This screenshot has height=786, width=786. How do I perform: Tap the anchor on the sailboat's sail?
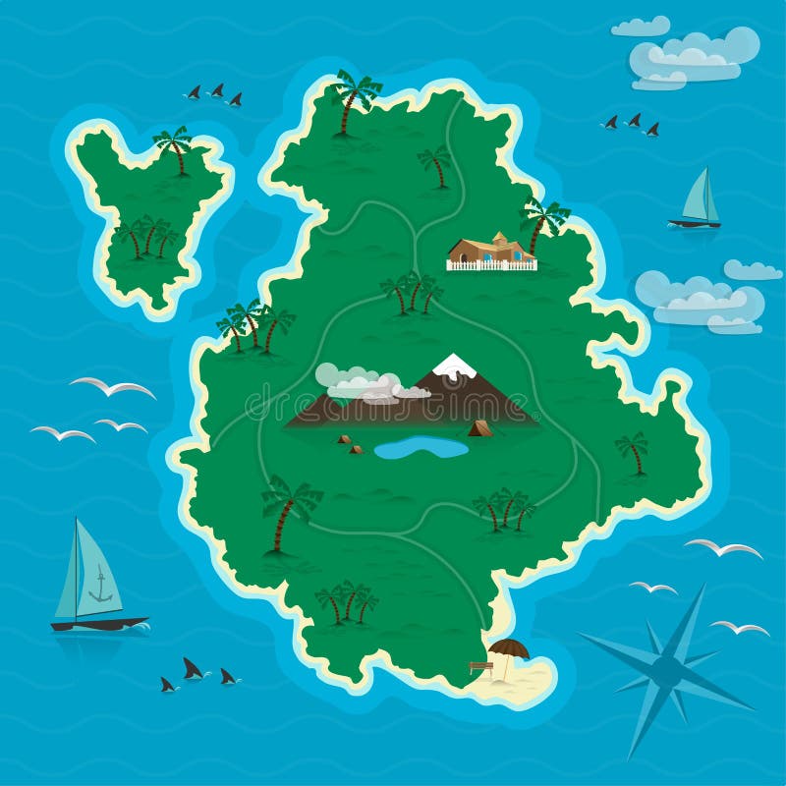point(99,588)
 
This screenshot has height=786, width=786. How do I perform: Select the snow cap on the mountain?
point(454,366)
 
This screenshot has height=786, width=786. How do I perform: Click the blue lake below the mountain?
point(421,448)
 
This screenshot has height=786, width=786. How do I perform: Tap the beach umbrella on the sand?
point(507,648)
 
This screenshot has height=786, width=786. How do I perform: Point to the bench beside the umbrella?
point(480,667)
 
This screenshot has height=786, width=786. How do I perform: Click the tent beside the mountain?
point(479,428)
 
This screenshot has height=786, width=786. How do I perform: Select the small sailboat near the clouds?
point(697,201)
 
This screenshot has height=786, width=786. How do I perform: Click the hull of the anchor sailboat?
point(98,623)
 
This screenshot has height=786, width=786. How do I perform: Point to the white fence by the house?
point(491,264)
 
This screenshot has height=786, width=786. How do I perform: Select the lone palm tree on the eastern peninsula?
point(634,451)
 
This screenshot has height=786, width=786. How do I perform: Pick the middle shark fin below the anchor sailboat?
point(194,670)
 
